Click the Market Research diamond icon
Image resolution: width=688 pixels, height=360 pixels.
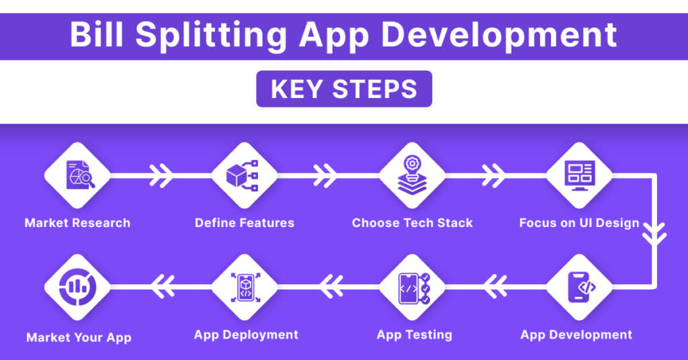tap(77, 175)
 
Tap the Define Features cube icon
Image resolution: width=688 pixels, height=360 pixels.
tap(244, 175)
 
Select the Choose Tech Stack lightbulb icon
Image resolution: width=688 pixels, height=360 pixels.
tap(412, 175)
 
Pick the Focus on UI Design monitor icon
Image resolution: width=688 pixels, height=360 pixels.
tap(578, 175)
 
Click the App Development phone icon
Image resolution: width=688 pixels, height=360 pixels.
tap(578, 287)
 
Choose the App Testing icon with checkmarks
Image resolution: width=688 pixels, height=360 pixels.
tap(412, 287)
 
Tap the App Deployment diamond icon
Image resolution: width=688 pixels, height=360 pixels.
tap(244, 287)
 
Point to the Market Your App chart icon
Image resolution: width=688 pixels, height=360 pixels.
tap(77, 287)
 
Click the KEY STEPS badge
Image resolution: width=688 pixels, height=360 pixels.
tap(344, 89)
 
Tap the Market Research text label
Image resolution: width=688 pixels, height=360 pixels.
tap(77, 223)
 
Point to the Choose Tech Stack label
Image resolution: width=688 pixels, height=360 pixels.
tap(412, 223)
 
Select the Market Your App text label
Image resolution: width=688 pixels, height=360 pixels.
tap(79, 337)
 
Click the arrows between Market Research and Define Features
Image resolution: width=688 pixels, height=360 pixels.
tap(161, 176)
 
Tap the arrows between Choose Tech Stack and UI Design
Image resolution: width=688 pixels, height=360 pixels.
tap(494, 176)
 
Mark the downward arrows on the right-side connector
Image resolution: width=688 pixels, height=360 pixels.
tap(653, 231)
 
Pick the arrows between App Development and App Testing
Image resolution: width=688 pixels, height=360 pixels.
tap(494, 287)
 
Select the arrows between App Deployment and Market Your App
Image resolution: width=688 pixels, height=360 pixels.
tap(161, 287)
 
